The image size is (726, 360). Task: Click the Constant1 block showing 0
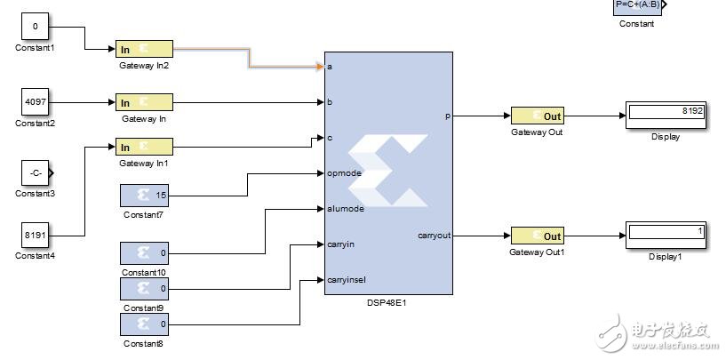click(35, 28)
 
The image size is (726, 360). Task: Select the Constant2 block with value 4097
click(35, 102)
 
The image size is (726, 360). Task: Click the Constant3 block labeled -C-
click(36, 172)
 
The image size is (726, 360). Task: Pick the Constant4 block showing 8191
click(35, 236)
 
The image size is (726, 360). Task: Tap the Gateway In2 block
click(144, 49)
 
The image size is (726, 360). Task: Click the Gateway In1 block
click(144, 148)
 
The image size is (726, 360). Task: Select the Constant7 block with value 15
click(144, 195)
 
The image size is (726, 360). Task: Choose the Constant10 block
click(144, 253)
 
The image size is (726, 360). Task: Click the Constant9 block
click(144, 289)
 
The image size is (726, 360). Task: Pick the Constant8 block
click(144, 324)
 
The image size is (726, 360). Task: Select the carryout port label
click(435, 236)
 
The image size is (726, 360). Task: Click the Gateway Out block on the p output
click(537, 116)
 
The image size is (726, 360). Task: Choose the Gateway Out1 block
click(537, 236)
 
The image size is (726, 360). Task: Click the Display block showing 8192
click(665, 116)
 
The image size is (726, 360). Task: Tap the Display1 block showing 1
click(665, 236)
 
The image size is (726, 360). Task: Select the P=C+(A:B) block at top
click(636, 7)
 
